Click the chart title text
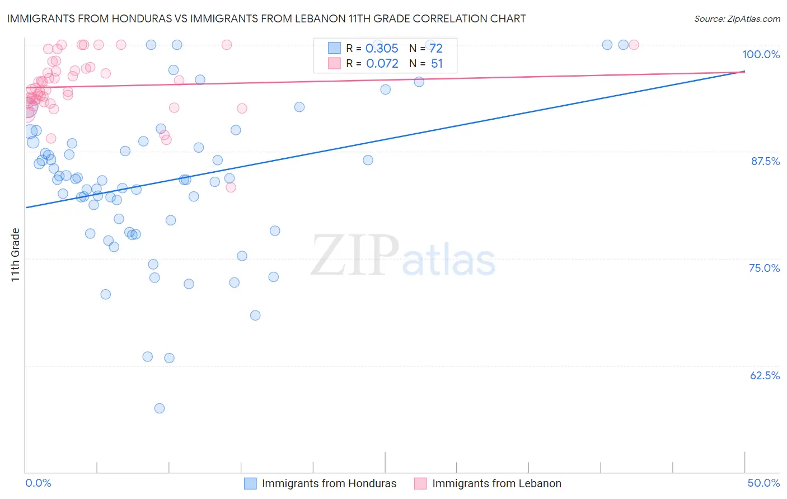click(x=266, y=18)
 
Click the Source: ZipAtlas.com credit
click(x=737, y=18)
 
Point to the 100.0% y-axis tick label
click(x=761, y=54)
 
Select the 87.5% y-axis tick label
click(x=765, y=161)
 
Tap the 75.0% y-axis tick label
click(x=764, y=268)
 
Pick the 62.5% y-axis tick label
click(x=765, y=375)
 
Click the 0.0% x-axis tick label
click(x=38, y=483)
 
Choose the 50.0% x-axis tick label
click(x=763, y=483)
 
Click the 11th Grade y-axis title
click(x=16, y=255)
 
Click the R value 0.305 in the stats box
click(x=382, y=49)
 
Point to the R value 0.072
click(x=382, y=64)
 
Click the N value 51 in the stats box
click(x=437, y=64)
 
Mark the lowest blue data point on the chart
click(x=160, y=408)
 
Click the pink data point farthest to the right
click(x=634, y=45)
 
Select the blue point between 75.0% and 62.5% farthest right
click(x=255, y=316)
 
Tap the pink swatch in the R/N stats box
click(x=334, y=63)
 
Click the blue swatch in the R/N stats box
click(x=334, y=48)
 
